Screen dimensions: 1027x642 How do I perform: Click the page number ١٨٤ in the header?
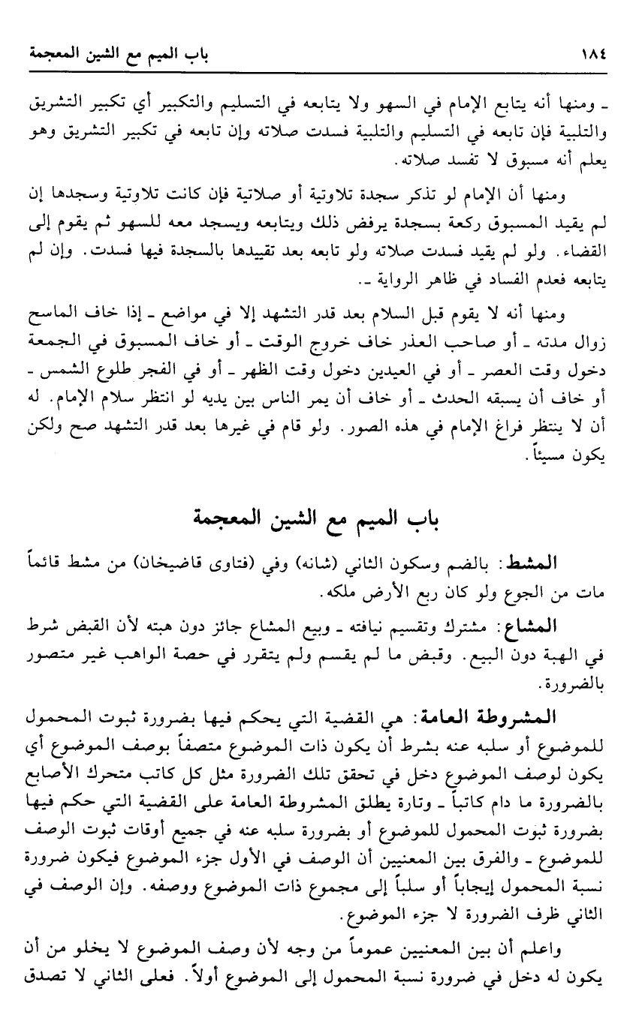(x=592, y=54)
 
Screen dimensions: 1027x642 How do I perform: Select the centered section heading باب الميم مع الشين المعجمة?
(x=322, y=518)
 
